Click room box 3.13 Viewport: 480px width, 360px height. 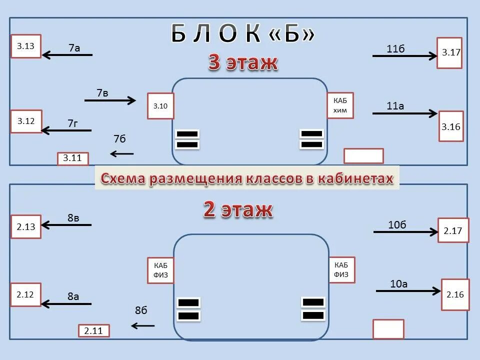pos(26,46)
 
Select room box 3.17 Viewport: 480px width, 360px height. pos(449,52)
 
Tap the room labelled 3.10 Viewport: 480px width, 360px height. pos(160,105)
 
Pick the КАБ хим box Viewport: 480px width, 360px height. pos(340,105)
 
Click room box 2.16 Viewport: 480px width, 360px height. pos(455,294)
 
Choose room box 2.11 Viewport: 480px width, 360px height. pos(93,330)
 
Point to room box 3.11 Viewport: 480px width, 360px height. pos(72,159)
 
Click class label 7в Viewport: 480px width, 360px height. pos(102,93)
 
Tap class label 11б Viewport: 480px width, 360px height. pos(395,48)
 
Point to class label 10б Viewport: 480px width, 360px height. pos(397,224)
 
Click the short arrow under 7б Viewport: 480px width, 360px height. pos(122,153)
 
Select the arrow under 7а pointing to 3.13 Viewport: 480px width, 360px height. pos(67,55)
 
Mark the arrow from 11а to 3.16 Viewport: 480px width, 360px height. pos(405,114)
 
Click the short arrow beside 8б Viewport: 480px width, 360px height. pos(143,326)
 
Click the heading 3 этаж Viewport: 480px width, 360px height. pos(242,63)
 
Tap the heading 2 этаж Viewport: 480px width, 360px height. pos(238,210)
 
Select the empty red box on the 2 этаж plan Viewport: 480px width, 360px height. pos(388,329)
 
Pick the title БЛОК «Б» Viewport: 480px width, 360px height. pos(243,34)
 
